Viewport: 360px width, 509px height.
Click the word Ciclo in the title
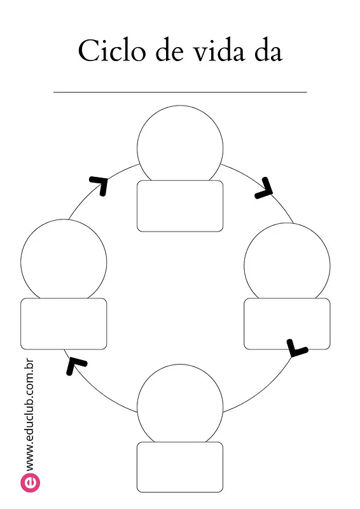[x=111, y=50]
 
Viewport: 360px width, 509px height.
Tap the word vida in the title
[x=219, y=50]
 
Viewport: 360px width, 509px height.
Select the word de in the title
[x=169, y=50]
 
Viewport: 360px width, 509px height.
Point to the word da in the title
[x=268, y=50]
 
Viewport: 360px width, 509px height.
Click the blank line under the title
[x=180, y=92]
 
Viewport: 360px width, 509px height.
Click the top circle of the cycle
[x=180, y=106]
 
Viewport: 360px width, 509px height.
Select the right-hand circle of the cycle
[x=287, y=223]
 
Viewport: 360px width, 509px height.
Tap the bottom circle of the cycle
[x=180, y=364]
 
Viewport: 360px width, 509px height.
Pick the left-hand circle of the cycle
[x=64, y=220]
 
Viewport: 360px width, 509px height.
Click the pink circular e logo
[x=31, y=482]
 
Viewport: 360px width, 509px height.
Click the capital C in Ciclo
[x=88, y=50]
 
